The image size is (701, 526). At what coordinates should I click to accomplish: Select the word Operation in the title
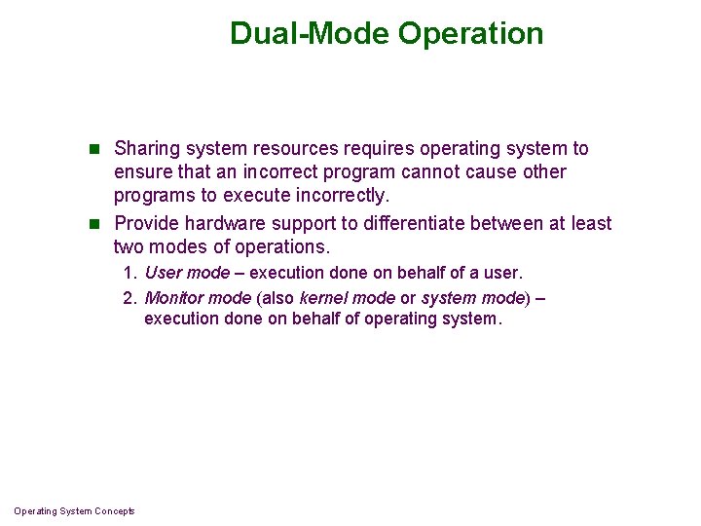471,34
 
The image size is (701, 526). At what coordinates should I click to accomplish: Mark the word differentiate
408,224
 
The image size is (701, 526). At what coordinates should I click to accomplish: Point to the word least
591,224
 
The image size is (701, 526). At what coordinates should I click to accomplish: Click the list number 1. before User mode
130,274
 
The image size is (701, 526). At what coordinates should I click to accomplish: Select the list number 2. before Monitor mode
130,297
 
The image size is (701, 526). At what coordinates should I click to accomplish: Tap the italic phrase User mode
187,274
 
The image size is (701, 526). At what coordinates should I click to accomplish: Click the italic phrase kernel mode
347,297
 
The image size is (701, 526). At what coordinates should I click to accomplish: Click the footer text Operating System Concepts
75,511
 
